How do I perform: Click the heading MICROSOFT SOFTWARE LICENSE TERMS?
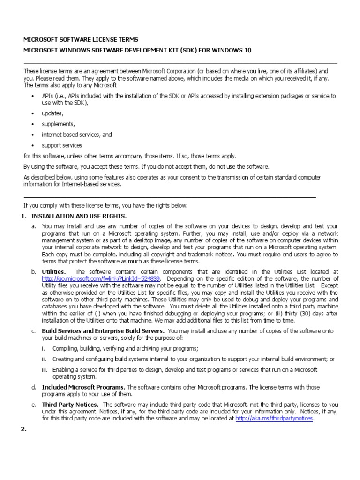click(81, 40)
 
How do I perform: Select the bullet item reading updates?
click(52, 113)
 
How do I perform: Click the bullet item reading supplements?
click(58, 124)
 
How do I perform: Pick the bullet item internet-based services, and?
click(76, 135)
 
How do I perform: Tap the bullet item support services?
click(61, 146)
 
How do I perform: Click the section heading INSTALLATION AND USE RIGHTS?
click(79, 216)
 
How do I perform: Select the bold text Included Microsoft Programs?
click(83, 387)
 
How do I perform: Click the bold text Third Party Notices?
click(70, 405)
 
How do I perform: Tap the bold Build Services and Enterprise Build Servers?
click(103, 331)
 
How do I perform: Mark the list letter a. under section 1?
click(34, 226)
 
